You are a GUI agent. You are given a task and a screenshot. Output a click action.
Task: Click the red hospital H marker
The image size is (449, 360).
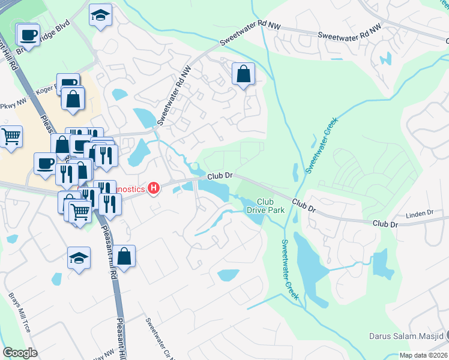point(154,189)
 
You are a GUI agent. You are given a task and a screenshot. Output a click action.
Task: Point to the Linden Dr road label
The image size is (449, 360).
point(420,213)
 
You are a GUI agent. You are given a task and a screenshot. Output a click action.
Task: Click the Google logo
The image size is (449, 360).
point(20,352)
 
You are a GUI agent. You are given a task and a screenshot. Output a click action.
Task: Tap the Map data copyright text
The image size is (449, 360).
point(424,355)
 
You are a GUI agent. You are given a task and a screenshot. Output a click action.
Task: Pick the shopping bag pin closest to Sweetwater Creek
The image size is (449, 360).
point(244,75)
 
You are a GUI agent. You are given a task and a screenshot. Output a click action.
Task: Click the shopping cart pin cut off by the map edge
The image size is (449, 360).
point(10,137)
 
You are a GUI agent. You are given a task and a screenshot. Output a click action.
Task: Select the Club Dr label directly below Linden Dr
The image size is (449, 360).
point(385,223)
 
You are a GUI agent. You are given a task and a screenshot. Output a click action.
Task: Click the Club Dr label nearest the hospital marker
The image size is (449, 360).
point(220,176)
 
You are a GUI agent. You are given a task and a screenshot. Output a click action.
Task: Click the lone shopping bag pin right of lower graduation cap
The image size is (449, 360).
point(124,256)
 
